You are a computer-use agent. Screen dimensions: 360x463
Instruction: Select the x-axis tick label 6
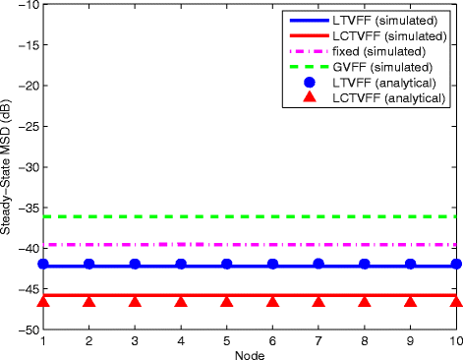[x=272, y=340]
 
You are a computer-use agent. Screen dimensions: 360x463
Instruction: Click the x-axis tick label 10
[x=455, y=340]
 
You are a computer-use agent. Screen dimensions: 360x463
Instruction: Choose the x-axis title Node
[x=250, y=353]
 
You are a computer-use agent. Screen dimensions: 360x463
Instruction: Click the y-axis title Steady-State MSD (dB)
[x=7, y=168]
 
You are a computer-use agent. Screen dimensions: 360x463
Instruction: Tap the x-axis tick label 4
[x=181, y=340]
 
